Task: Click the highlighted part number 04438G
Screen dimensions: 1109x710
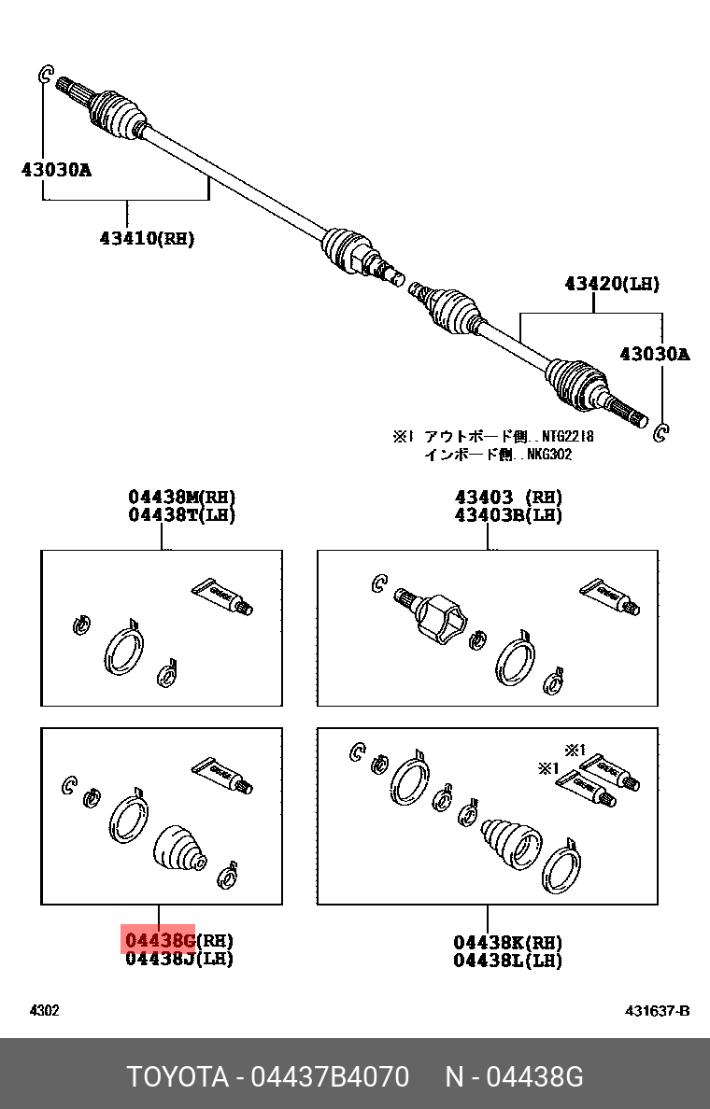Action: [160, 939]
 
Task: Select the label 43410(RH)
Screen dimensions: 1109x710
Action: [147, 238]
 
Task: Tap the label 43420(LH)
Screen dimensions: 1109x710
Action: [611, 283]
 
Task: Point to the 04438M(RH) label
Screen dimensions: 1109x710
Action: [181, 497]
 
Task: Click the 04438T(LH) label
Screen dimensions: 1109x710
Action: [181, 514]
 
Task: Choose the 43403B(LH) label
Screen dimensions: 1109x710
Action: [508, 514]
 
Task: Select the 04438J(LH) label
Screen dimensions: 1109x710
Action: [179, 958]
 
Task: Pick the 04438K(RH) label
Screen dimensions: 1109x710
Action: [508, 941]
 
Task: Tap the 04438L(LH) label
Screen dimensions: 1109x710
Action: [508, 960]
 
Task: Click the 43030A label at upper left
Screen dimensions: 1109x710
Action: [56, 169]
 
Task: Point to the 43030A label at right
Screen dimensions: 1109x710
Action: [654, 354]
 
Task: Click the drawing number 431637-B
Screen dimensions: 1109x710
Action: [658, 1011]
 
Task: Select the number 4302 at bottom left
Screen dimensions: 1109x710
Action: [45, 1011]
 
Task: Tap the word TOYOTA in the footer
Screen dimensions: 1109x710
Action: [178, 1077]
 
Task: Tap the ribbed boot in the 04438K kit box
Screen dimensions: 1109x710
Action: [509, 839]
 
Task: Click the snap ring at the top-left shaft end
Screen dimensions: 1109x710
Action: [45, 75]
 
